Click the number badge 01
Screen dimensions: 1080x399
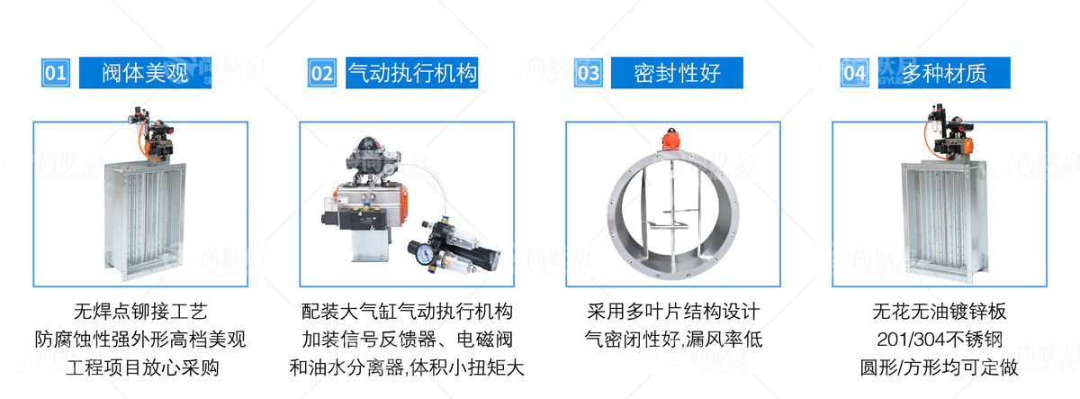(x=56, y=73)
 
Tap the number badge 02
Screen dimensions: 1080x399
(x=322, y=73)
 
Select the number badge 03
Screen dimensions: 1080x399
(x=589, y=73)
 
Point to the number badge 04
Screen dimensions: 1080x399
(x=855, y=73)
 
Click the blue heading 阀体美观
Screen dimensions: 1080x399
(x=145, y=73)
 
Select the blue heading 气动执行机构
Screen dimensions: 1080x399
(x=412, y=73)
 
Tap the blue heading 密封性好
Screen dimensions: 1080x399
(x=677, y=73)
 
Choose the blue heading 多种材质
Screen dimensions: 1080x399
(x=944, y=73)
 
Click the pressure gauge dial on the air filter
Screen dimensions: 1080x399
(x=425, y=253)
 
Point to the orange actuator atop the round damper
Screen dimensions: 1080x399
(x=670, y=140)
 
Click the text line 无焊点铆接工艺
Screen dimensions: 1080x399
(x=140, y=312)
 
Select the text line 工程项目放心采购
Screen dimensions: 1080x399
(x=142, y=367)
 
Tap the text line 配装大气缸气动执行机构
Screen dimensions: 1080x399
(x=407, y=312)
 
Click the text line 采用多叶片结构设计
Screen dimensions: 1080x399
(x=673, y=312)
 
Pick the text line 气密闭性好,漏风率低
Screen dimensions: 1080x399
(x=673, y=340)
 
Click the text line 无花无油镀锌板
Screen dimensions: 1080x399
(x=940, y=312)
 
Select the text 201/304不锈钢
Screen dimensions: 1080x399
(x=940, y=340)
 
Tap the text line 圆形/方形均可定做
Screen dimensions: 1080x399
(x=940, y=367)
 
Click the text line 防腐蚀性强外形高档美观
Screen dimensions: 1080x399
(x=140, y=340)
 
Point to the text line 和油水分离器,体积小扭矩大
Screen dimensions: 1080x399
(x=407, y=367)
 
